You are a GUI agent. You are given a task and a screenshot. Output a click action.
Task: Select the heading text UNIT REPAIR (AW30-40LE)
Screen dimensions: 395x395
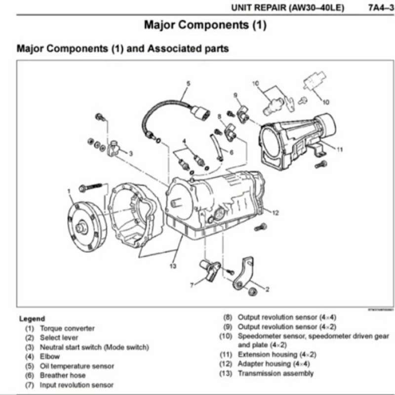point(287,8)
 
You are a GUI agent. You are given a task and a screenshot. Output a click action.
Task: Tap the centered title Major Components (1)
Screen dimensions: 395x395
point(205,25)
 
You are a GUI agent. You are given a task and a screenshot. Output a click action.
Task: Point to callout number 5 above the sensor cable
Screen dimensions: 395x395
point(188,83)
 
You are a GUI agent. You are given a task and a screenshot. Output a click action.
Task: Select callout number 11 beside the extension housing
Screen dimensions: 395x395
point(340,150)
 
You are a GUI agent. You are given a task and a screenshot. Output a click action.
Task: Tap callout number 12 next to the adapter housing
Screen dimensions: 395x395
point(276,213)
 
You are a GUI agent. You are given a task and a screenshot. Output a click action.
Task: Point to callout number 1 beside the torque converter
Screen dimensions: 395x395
point(69,190)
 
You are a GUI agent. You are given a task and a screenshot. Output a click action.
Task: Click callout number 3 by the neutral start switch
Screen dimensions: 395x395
point(130,154)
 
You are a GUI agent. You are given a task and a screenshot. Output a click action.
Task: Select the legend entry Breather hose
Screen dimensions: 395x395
point(62,375)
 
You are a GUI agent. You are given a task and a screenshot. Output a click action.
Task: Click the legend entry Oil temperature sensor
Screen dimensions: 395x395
point(77,366)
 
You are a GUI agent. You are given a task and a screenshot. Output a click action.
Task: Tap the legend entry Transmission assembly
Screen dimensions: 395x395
point(276,373)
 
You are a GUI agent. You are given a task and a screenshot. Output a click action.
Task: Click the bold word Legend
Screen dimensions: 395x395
point(32,318)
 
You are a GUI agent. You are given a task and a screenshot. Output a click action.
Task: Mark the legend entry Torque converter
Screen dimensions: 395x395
point(67,328)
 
